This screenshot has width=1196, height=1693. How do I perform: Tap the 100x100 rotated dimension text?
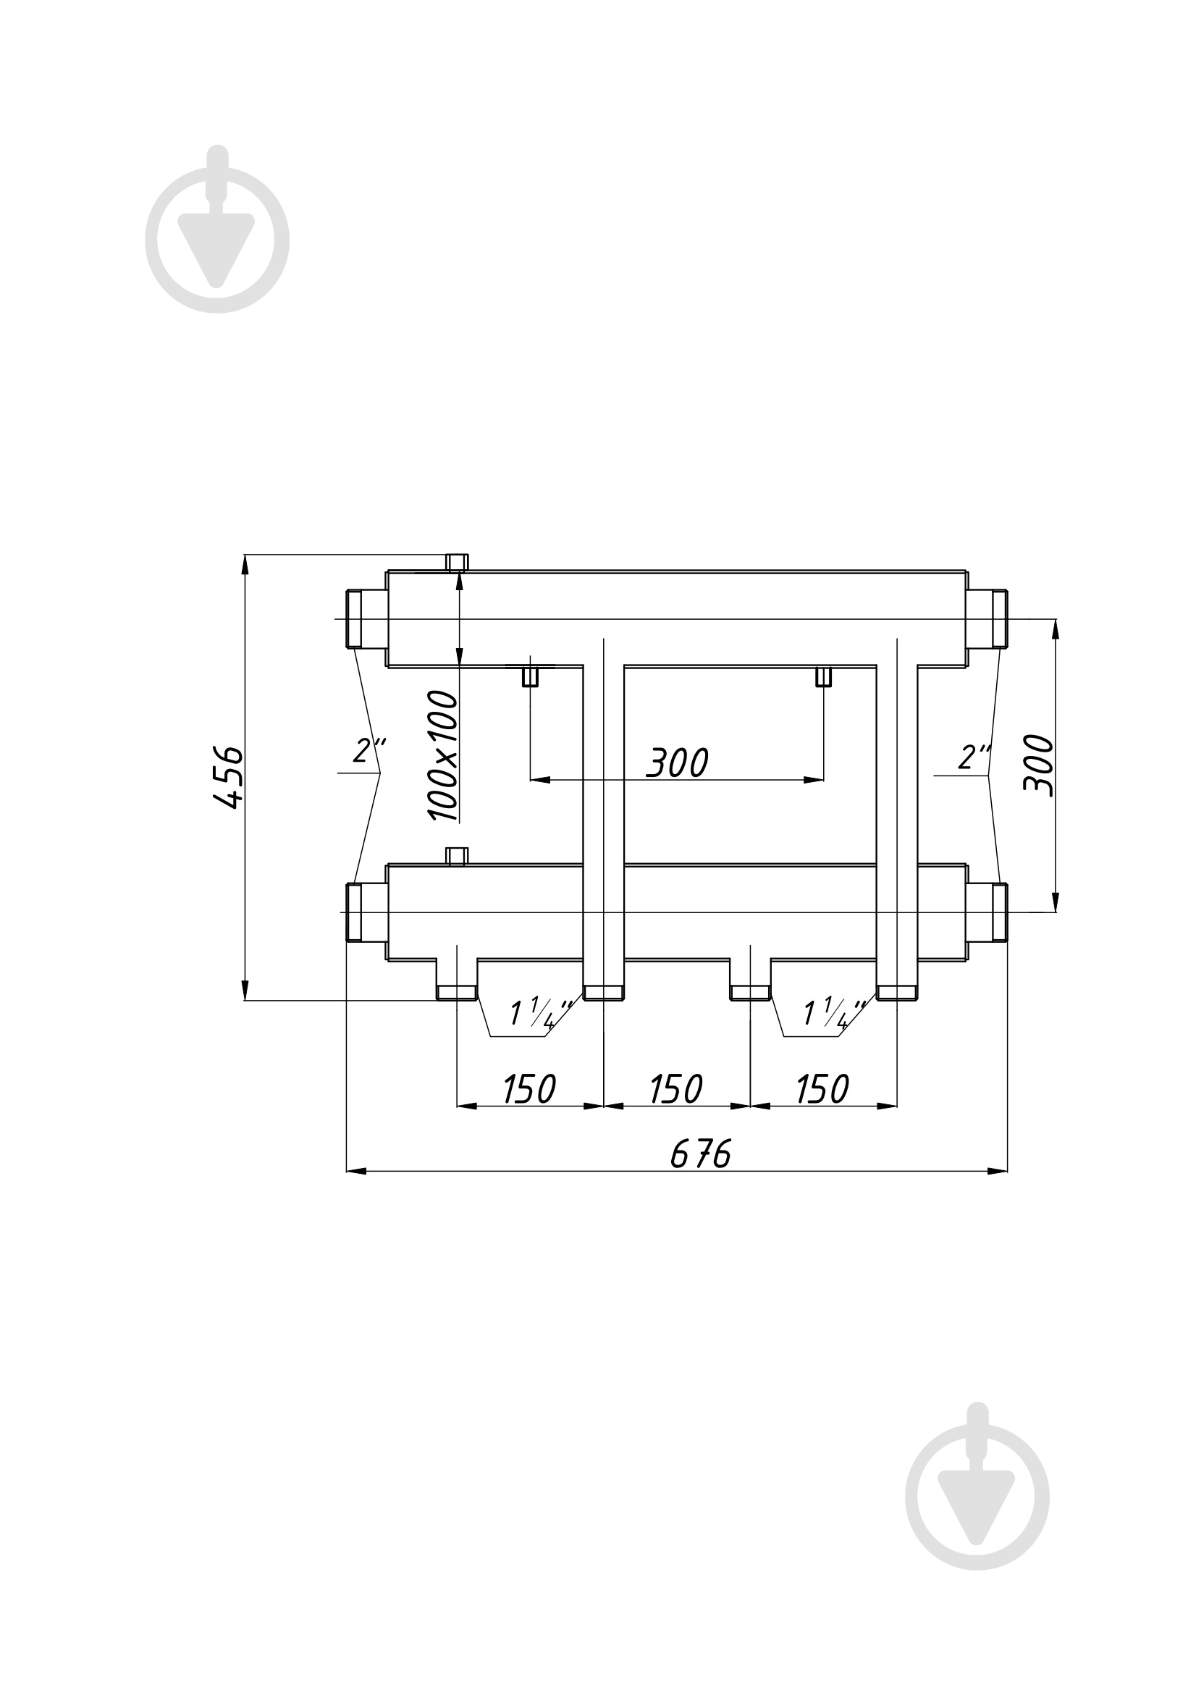(x=442, y=756)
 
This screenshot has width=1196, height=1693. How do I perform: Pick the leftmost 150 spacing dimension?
(x=529, y=1089)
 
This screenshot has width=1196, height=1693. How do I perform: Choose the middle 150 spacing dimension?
(x=676, y=1089)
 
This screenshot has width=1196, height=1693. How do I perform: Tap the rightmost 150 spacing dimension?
(x=823, y=1089)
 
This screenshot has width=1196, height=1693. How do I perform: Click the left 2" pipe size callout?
(x=369, y=751)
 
